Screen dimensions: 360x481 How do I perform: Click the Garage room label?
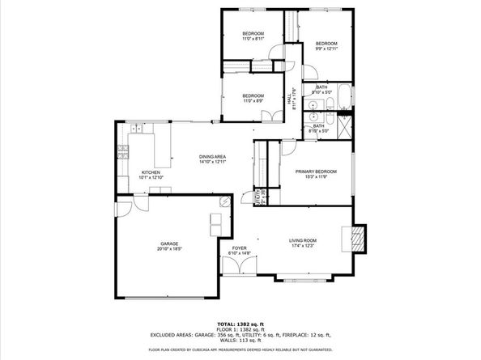click(168, 243)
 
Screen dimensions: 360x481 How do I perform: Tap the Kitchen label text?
click(151, 172)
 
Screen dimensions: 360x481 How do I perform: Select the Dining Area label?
click(212, 157)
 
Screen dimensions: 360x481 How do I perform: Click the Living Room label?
click(303, 239)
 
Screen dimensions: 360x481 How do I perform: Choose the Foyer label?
click(239, 248)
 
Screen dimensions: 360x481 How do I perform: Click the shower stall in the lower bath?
click(345, 125)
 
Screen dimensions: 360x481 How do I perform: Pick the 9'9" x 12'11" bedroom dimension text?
click(326, 49)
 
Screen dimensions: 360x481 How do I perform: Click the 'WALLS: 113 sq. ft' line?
click(240, 341)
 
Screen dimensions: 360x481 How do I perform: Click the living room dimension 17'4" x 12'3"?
click(303, 245)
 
